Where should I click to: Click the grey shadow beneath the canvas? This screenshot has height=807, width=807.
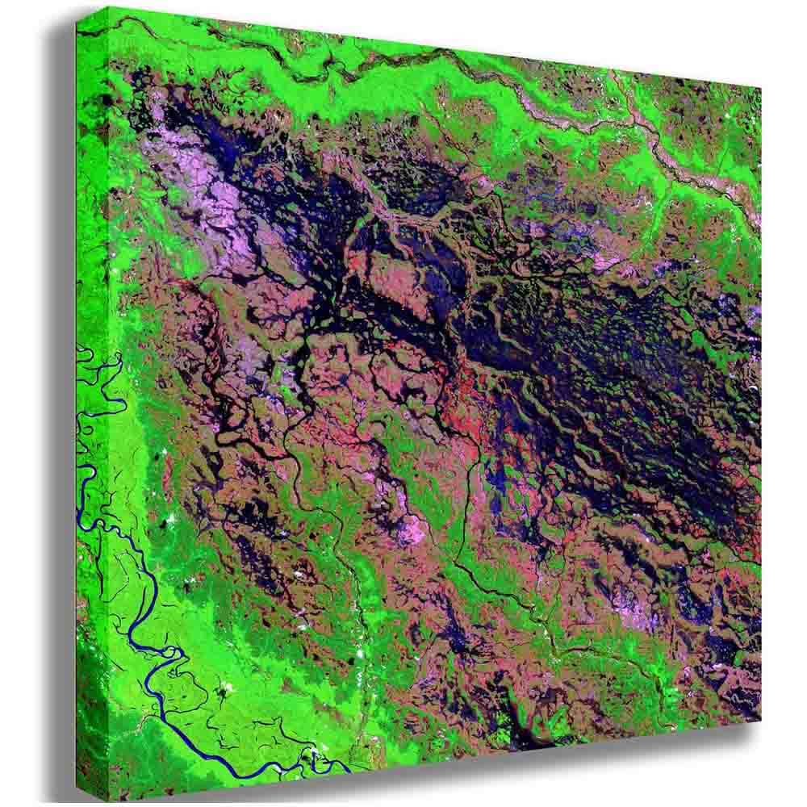[484, 767]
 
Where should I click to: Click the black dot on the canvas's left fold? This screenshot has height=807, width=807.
[105, 101]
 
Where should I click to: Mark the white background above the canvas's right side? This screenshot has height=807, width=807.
[646, 32]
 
